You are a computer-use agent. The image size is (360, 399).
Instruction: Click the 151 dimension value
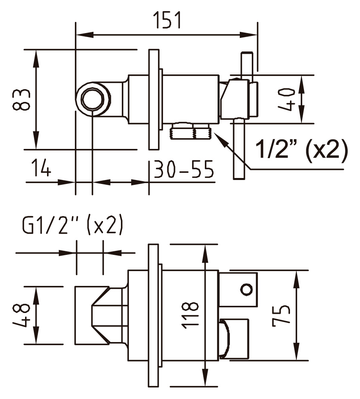point(168,20)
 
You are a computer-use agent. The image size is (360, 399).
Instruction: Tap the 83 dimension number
point(21,100)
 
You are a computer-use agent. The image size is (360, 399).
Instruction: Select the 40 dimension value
point(287,100)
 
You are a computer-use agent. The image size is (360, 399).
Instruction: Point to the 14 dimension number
point(41,168)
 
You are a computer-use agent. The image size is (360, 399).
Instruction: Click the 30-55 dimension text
point(183,169)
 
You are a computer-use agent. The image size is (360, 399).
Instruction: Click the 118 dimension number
point(190,315)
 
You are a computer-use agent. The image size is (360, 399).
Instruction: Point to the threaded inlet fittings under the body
point(191,131)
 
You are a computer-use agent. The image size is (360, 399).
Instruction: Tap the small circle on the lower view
point(246,289)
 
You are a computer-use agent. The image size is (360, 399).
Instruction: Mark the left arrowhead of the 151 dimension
point(85,35)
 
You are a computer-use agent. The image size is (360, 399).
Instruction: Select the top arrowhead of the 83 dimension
point(36,59)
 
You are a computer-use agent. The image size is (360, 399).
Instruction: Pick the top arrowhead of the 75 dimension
point(296,279)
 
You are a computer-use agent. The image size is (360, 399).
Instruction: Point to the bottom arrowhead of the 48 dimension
point(36,336)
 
